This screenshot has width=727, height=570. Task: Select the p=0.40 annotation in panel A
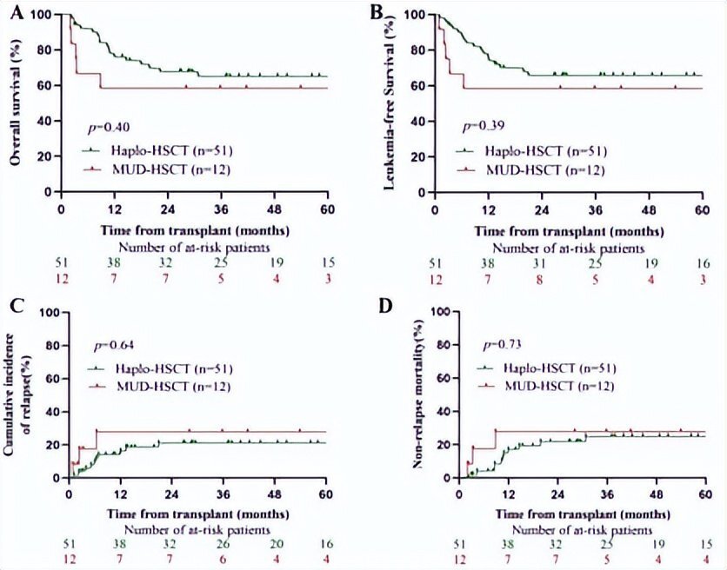tap(112, 128)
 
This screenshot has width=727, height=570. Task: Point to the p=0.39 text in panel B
tap(478, 128)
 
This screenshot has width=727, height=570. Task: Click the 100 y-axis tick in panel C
tap(51, 311)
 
